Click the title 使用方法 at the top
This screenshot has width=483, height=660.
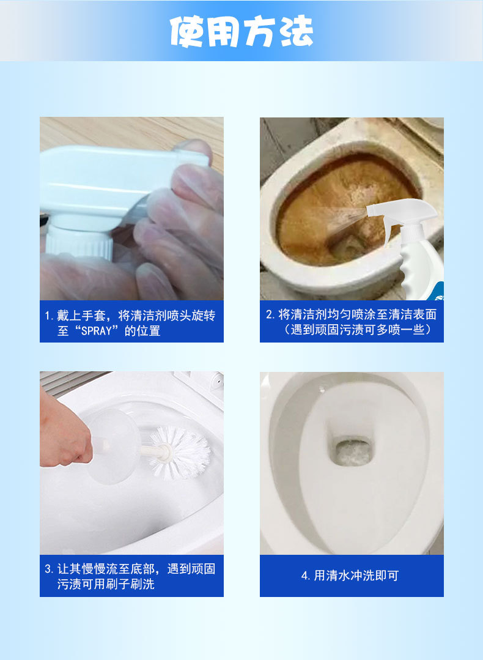tap(242, 31)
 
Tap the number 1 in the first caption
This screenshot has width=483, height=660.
tap(48, 316)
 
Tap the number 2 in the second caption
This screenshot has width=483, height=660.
tap(269, 314)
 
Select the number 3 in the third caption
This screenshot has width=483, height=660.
tap(48, 569)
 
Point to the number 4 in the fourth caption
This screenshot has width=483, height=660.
tap(304, 576)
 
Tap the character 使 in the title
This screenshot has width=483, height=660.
tap(187, 31)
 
